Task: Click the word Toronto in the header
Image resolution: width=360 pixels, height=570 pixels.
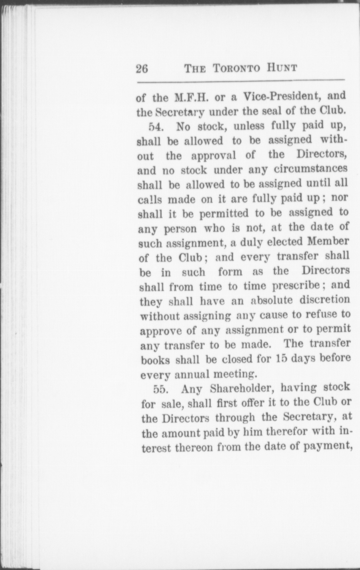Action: click(237, 68)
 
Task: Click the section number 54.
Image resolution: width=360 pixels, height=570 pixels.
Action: click(155, 127)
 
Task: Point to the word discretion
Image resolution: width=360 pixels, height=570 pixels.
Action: click(325, 300)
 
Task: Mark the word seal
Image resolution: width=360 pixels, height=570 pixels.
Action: click(274, 111)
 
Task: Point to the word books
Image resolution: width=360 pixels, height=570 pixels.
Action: click(156, 360)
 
